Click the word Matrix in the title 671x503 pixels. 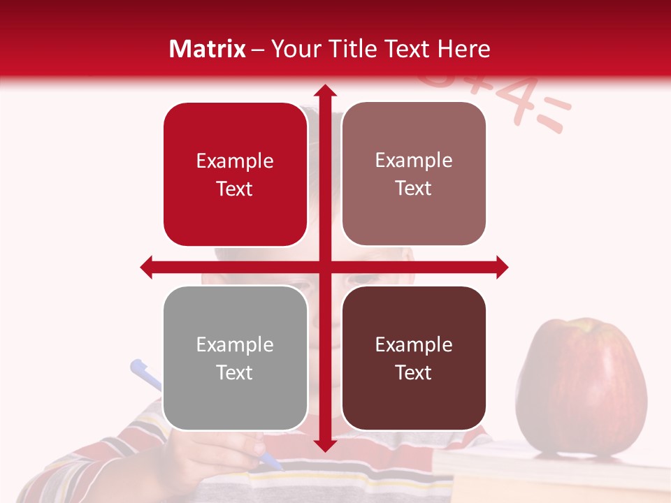(207, 49)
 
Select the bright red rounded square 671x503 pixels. (235, 175)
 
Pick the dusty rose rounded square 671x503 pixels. (414, 174)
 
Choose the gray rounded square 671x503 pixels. (235, 358)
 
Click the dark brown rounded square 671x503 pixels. (414, 358)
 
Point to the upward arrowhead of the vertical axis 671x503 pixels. (324, 92)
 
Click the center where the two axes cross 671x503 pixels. (324, 267)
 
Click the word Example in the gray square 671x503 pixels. (235, 344)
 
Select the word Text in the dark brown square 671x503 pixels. (414, 372)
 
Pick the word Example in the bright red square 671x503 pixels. (235, 161)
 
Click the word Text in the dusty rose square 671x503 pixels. (414, 188)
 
